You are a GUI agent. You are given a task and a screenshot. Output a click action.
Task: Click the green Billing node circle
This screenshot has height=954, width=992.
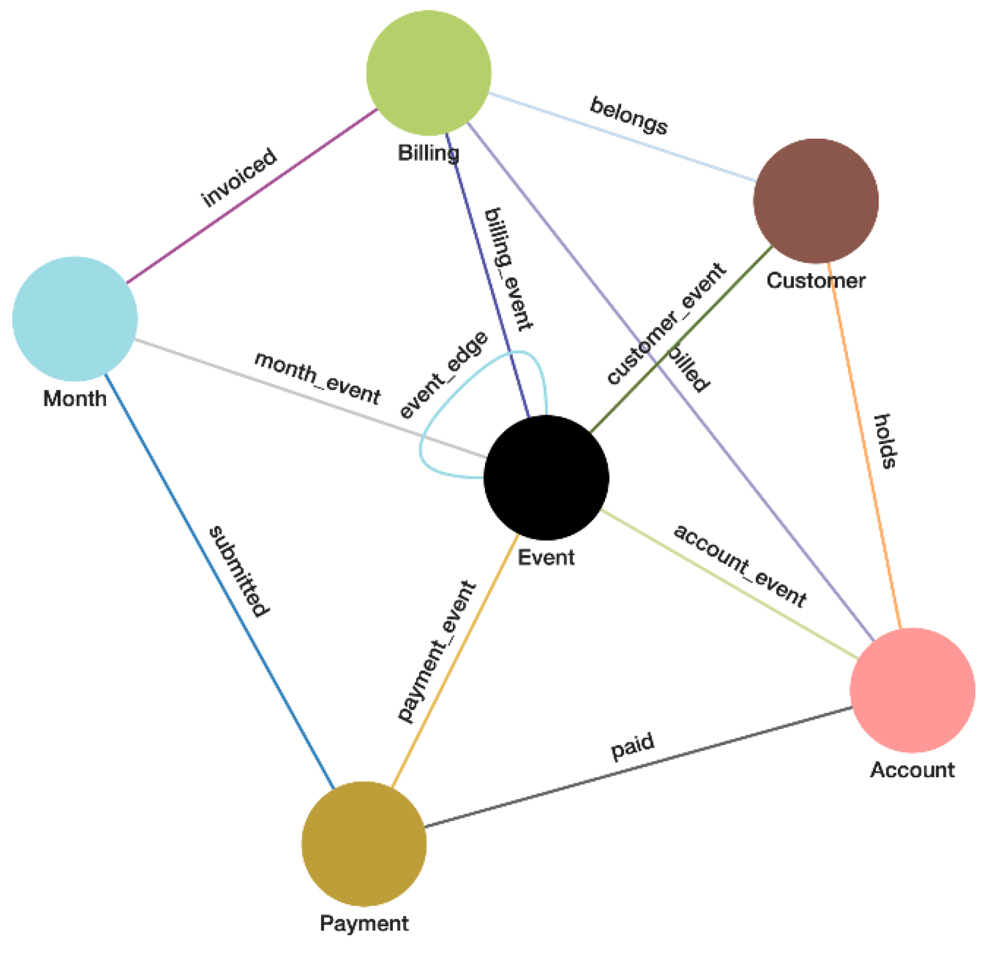(x=428, y=73)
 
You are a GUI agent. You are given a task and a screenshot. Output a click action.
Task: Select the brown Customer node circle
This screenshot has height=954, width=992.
(x=815, y=200)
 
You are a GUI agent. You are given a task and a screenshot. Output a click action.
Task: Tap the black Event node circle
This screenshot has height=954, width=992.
(x=546, y=477)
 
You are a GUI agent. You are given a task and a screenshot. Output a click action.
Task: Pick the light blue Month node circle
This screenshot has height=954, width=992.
(x=74, y=319)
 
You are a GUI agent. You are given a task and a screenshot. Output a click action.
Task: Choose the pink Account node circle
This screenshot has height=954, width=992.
(x=912, y=690)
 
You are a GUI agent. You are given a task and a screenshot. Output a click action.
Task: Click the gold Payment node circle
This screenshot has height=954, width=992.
(x=364, y=843)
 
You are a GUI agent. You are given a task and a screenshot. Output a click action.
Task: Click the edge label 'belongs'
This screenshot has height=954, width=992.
(x=629, y=116)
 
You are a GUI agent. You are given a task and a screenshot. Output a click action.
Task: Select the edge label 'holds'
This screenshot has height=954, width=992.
(x=885, y=441)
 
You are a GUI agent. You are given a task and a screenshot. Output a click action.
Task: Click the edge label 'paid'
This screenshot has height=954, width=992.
(x=632, y=746)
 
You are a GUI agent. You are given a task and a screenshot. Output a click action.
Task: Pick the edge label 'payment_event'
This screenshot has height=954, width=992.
(x=436, y=651)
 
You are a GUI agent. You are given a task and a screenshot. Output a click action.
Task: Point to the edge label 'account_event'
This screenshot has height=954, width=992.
(x=740, y=566)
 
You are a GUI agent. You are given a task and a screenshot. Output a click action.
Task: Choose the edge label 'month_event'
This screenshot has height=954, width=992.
(x=317, y=378)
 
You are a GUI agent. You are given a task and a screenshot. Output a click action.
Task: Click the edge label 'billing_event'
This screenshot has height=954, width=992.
(x=508, y=269)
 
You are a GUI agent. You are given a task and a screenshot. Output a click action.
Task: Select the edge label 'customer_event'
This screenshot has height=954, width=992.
(x=666, y=323)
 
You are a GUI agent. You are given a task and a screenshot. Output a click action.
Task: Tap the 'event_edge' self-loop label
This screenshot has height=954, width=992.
(x=444, y=375)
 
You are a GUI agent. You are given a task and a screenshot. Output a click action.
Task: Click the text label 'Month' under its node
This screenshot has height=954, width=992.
(x=74, y=399)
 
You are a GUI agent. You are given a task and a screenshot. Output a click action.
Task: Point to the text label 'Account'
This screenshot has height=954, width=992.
(x=912, y=770)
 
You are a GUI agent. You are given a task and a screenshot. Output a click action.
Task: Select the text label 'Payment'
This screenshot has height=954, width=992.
(x=364, y=923)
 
